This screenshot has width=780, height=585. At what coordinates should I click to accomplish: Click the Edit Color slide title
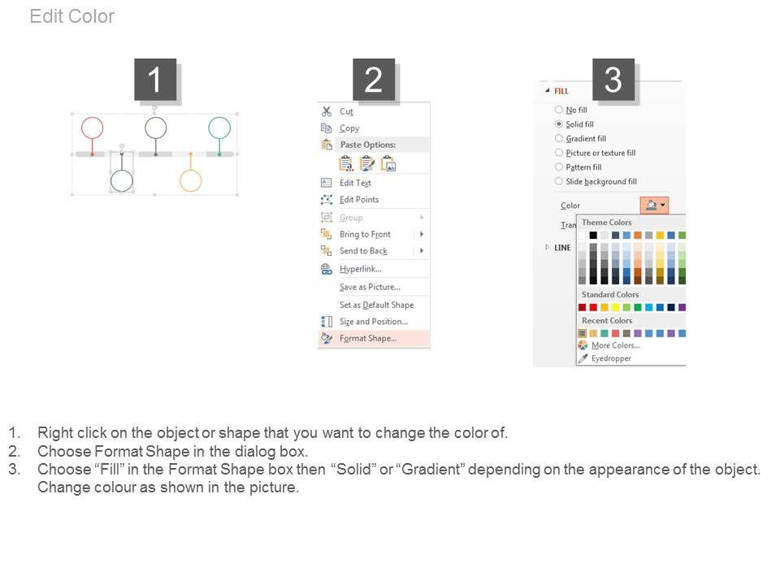(x=72, y=16)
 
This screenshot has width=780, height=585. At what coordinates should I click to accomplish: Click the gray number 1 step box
(x=155, y=80)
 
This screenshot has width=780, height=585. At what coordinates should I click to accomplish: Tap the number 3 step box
(x=613, y=80)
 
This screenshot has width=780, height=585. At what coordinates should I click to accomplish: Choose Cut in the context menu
(x=346, y=112)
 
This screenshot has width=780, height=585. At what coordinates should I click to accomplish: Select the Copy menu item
(x=349, y=128)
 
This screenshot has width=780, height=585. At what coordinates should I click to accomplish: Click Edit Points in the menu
(x=359, y=200)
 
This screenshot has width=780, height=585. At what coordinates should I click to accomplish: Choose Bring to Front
(x=365, y=234)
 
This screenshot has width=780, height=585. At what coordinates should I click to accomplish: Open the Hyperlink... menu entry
(x=361, y=269)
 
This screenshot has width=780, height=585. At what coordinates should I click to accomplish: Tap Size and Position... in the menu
(x=374, y=322)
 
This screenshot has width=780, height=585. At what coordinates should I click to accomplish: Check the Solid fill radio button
(x=559, y=123)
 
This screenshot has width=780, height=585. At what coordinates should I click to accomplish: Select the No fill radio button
(x=559, y=110)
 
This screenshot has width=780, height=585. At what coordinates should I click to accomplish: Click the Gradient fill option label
(x=586, y=139)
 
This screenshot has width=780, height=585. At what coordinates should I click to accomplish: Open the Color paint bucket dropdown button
(x=654, y=205)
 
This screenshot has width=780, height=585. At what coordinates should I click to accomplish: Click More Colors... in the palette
(x=615, y=345)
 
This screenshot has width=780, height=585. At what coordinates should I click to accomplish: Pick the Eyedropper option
(x=611, y=358)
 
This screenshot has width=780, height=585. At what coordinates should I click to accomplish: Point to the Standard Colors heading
(x=610, y=294)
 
